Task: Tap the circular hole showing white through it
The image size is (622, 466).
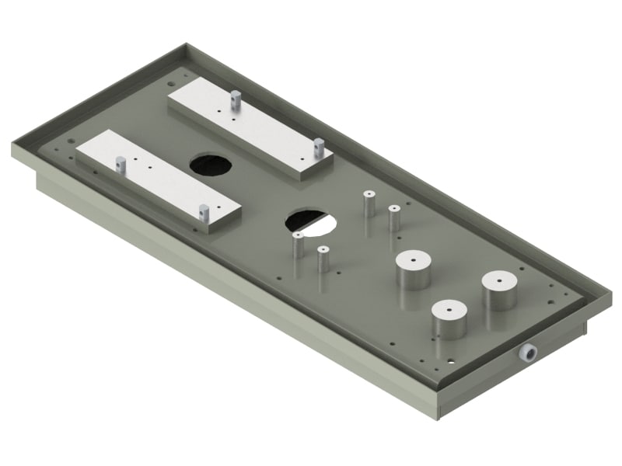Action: [311, 222]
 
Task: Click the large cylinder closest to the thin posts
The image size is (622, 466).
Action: [413, 270]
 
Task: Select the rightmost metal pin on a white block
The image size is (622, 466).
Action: [318, 145]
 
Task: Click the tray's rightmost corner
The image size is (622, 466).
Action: [611, 296]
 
